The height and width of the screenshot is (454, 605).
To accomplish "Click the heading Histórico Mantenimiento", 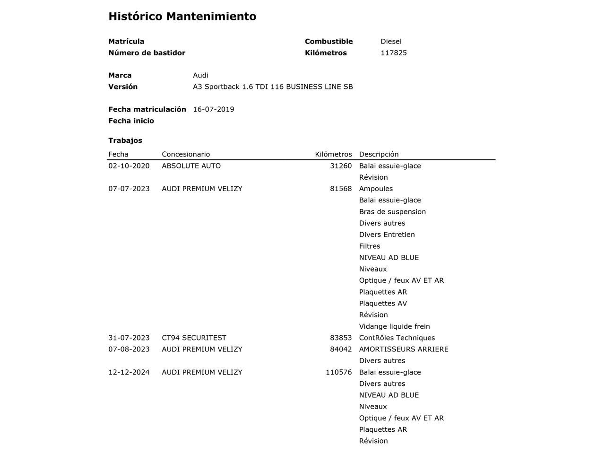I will [182, 17].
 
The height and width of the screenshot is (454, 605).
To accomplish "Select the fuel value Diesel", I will [391, 42].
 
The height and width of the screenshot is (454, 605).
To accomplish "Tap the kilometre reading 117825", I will [393, 53].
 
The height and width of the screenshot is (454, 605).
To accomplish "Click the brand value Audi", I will [200, 75].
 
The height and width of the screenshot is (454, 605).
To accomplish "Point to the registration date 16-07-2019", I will [213, 109].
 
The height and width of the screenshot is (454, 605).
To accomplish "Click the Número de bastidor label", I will [147, 53].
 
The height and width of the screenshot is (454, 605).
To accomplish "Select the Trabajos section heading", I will [125, 140].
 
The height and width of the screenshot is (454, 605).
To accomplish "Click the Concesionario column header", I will [185, 154].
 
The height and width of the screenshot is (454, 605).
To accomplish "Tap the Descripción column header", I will [379, 154].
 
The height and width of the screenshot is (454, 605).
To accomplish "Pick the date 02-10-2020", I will [129, 166].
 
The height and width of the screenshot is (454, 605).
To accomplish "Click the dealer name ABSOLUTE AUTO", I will [191, 166].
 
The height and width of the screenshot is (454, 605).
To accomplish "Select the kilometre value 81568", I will [341, 189].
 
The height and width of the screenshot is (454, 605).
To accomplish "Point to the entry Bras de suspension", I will [392, 212].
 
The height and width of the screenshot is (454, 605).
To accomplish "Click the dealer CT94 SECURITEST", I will [194, 338].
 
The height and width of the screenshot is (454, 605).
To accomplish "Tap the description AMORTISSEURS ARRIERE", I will [404, 349].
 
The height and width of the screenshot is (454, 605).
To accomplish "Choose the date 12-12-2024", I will [129, 372].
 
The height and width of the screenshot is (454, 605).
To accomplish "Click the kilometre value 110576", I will [338, 372].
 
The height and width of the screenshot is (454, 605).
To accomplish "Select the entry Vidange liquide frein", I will [394, 326].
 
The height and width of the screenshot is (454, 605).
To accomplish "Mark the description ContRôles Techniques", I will [397, 338].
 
